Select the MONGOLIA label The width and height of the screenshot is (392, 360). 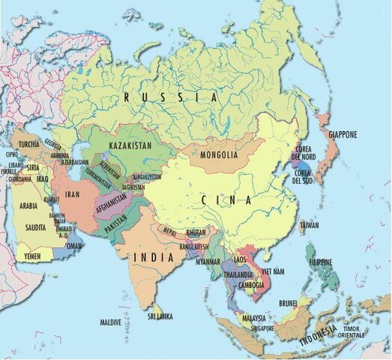click(x=220, y=155)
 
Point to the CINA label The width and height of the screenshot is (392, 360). click(x=226, y=200)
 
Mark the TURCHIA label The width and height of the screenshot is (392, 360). click(x=29, y=144)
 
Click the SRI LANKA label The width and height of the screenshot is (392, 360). click(x=160, y=317)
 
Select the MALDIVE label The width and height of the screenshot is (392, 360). click(x=111, y=322)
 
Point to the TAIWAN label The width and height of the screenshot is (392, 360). click(x=309, y=225)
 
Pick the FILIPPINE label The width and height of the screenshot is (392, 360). click(x=320, y=262)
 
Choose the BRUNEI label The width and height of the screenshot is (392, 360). click(x=289, y=303)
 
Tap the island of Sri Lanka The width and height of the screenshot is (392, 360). click(x=158, y=307)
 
